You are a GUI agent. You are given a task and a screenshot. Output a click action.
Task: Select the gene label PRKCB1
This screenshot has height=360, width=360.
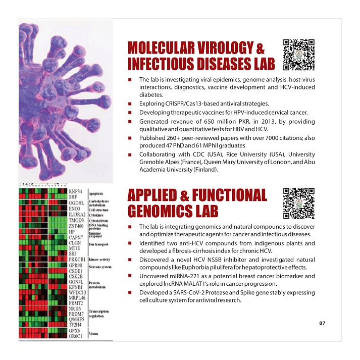77,260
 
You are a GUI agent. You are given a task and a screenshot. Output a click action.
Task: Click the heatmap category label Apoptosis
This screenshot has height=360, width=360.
96,193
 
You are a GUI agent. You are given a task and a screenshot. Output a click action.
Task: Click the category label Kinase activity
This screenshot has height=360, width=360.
100,260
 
